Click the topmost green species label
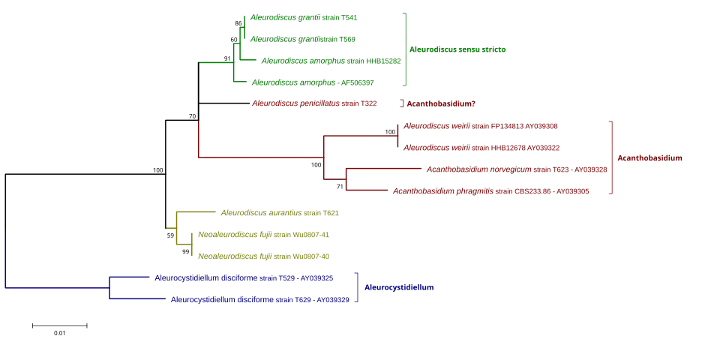(x=305, y=17)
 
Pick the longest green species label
(x=331, y=61)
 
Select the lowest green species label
(x=310, y=82)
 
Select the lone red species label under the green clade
(x=314, y=103)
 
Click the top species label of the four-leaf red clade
(x=481, y=126)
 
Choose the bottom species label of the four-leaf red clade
(x=492, y=192)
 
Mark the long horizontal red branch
(x=259, y=158)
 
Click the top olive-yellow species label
(x=281, y=212)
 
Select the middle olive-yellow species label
(x=264, y=235)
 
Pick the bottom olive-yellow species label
(x=264, y=257)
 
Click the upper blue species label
(x=244, y=278)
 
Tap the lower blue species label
(x=260, y=299)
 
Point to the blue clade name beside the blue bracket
(x=398, y=287)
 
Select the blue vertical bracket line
(x=358, y=288)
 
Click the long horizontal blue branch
(x=56, y=287)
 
